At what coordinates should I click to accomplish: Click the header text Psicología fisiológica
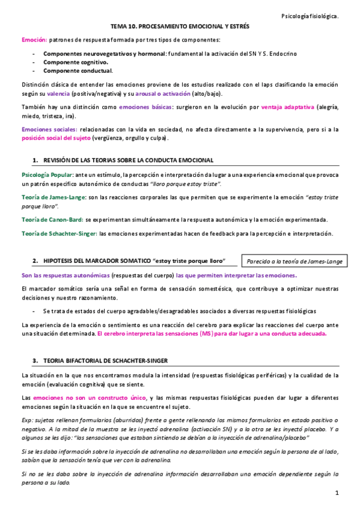pyautogui.click(x=311, y=16)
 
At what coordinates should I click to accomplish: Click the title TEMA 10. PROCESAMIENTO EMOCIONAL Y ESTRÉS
pyautogui.click(x=180, y=28)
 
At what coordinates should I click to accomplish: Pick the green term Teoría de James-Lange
pyautogui.click(x=53, y=197)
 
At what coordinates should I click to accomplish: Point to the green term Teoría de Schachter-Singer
pyautogui.click(x=59, y=233)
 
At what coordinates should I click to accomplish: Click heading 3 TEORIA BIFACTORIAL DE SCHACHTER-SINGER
pyautogui.click(x=106, y=360)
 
